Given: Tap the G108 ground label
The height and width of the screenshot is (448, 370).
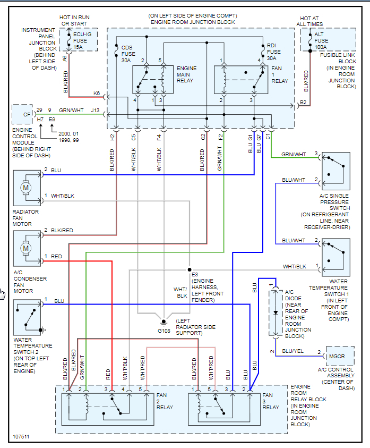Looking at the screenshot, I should (x=163, y=330).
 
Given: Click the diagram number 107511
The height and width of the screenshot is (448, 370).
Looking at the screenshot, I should (x=22, y=437).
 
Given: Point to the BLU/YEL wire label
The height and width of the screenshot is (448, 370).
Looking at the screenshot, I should (x=292, y=351).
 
